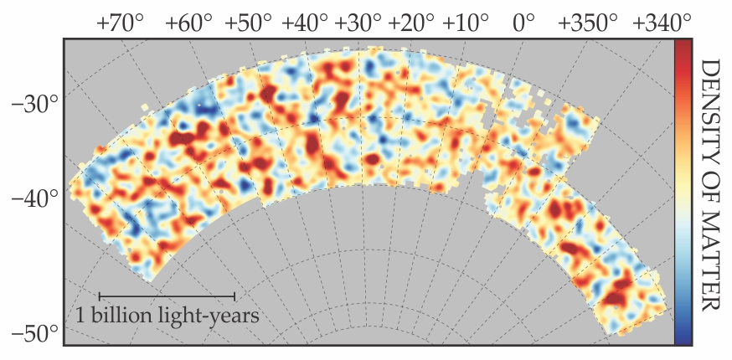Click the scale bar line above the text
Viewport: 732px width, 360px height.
[167, 296]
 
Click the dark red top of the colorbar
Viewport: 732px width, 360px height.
[683, 45]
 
